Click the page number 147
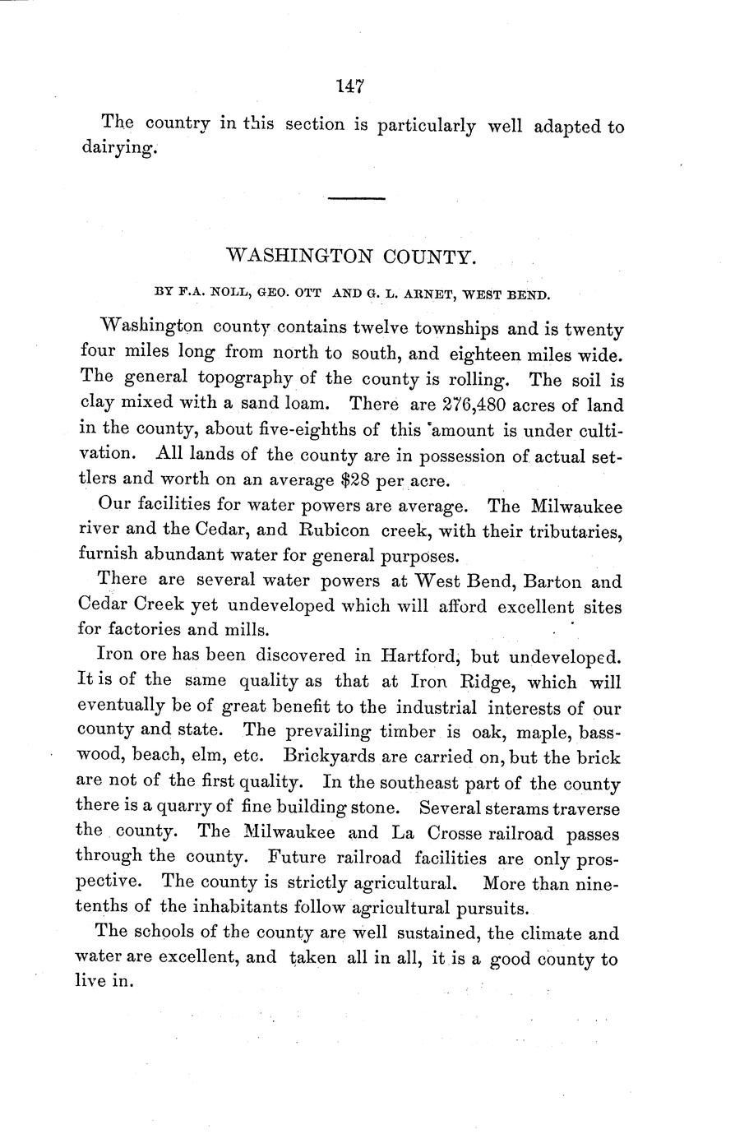pos(350,85)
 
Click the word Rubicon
pos(326,532)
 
